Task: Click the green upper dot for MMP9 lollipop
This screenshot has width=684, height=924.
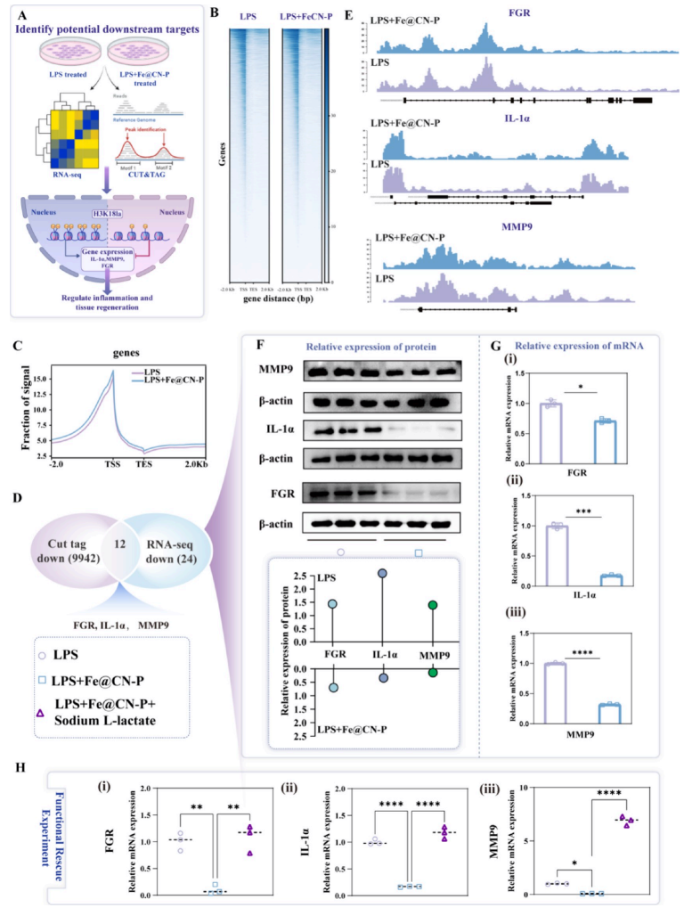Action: coord(433,605)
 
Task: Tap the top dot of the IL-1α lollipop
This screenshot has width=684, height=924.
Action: coord(382,573)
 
